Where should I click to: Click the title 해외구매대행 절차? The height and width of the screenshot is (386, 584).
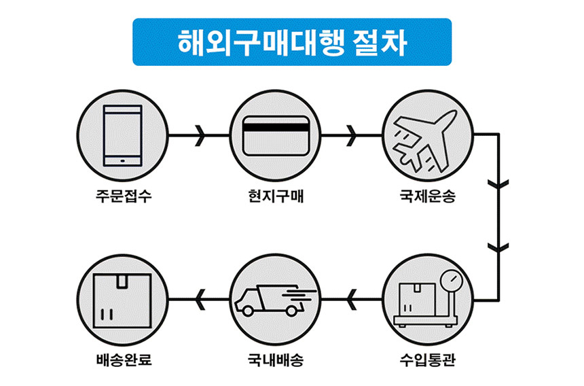pos(292,42)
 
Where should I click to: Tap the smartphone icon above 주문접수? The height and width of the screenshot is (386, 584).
pos(122,135)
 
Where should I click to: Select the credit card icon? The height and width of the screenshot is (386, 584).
pos(276,135)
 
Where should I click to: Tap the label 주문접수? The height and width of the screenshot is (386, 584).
pos(122,198)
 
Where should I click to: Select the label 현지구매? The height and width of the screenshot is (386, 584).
pos(276,198)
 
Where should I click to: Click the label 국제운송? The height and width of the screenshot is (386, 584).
pos(428,198)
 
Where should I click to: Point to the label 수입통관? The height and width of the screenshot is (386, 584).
pos(428,359)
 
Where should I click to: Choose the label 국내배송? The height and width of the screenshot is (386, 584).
pos(276,359)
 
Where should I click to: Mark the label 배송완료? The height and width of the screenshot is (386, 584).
pos(123,359)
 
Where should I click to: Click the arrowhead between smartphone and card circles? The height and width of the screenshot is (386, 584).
pos(200,135)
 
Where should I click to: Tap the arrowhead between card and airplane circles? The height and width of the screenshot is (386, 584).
pos(352,135)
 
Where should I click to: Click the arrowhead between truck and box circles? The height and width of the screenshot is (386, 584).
pos(198,298)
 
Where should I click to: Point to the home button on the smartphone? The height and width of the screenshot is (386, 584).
pos(122,161)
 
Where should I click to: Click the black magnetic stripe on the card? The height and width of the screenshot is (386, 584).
pos(276,126)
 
